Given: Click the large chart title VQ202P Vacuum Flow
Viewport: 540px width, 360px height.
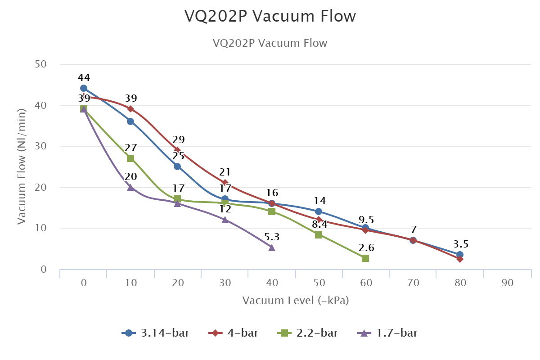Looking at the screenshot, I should [270, 16].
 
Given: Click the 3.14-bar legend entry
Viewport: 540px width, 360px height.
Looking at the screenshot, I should [156, 333].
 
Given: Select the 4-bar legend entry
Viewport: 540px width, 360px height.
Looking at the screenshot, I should [234, 333].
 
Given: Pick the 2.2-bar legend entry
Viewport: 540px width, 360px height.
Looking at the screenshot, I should [308, 333].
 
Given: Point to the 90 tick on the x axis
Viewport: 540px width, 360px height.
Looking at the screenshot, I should [507, 283].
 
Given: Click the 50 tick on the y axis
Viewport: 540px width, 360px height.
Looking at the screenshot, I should [41, 64].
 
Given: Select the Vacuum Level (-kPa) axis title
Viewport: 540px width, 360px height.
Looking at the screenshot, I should [296, 301].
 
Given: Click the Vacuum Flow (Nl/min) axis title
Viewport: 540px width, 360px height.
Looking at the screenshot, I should [22, 166].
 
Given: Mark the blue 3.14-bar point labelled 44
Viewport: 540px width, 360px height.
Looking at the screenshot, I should [84, 88].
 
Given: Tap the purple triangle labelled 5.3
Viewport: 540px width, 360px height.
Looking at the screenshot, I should [272, 247].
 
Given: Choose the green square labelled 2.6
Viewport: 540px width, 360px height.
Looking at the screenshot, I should [365, 258].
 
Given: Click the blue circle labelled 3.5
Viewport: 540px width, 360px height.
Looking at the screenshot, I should [460, 255].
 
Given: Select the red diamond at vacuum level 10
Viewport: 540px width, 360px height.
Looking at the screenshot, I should [130, 109].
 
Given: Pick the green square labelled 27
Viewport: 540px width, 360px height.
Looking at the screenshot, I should [130, 158].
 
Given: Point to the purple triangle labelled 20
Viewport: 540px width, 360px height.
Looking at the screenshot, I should [130, 187].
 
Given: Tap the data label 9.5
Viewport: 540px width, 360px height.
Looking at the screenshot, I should [366, 220].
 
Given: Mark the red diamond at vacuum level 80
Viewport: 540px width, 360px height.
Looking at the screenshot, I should [460, 259].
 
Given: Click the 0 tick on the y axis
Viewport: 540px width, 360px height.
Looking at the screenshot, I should [44, 270].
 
